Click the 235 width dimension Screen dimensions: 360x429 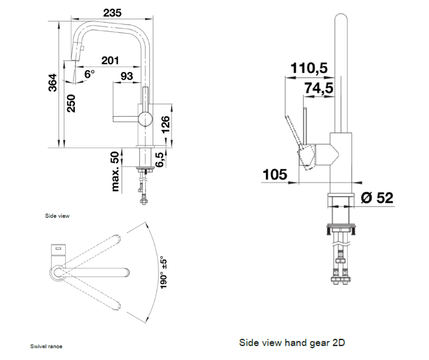[112, 13]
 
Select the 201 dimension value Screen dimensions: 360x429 [110, 60]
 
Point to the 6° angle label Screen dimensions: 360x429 [89, 73]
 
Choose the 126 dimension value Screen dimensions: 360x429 [165, 125]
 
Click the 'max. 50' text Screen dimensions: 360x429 [115, 171]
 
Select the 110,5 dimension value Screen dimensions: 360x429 [309, 68]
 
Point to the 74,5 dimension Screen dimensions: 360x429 [319, 88]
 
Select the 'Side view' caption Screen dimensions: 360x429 [58, 216]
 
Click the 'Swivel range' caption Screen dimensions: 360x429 [46, 346]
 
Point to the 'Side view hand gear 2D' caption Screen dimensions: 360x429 [295, 342]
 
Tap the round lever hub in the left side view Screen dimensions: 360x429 [145, 119]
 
